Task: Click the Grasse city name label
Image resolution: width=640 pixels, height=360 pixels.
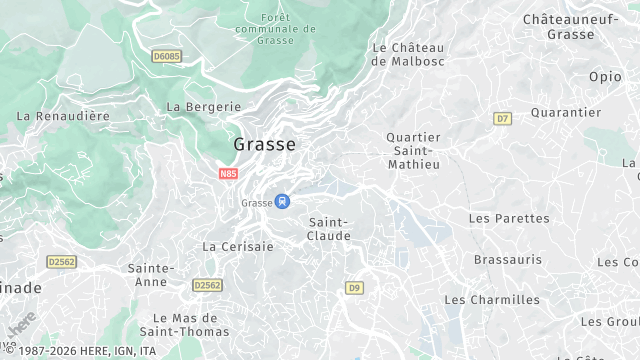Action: coord(264,144)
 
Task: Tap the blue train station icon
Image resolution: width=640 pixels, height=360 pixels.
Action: coord(283,201)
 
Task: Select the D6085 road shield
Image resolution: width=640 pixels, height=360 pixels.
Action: coord(166,57)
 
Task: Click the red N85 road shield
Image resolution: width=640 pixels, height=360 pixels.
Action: coord(229,173)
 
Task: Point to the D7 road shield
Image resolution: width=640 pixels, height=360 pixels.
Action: coord(502,119)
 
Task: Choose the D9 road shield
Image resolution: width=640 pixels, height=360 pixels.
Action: coord(354,288)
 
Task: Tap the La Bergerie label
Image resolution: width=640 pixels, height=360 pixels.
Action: coord(204,106)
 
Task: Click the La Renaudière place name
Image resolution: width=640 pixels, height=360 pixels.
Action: coord(63,116)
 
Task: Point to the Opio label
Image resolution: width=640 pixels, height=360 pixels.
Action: coord(604,76)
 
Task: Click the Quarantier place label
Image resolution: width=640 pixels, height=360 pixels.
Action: coord(566,112)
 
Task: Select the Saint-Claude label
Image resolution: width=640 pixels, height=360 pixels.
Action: coord(329,229)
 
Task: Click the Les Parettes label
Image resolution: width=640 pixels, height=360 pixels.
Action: coord(509,218)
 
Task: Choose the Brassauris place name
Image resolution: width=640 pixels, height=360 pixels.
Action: coord(508,259)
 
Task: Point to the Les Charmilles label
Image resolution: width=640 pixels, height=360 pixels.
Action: coord(492,300)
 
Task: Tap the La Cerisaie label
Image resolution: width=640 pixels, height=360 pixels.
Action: coord(238,246)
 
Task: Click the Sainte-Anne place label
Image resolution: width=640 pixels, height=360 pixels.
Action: coord(151,275)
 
